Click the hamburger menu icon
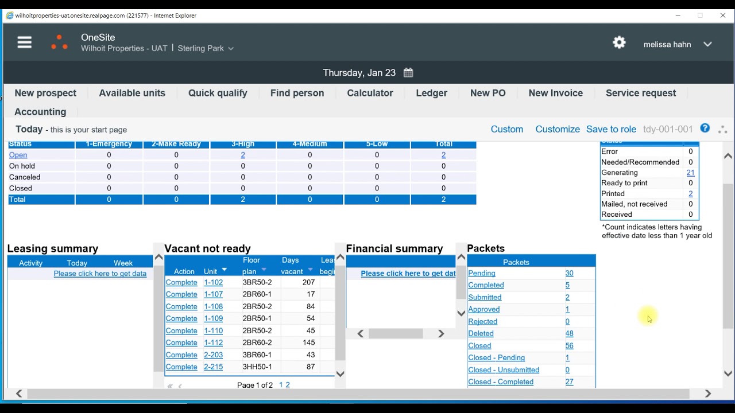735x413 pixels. pos(25,42)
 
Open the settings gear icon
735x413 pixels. pos(619,42)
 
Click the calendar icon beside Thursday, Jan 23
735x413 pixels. pos(408,73)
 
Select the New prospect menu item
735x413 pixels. pos(45,93)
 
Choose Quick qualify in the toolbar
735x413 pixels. pos(218,93)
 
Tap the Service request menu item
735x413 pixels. pos(641,93)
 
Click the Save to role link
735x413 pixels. pos(611,129)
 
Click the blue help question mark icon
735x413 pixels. pos(705,128)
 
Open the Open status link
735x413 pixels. pos(18,155)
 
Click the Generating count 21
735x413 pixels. pos(690,173)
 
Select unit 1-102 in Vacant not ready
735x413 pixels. pos(213,282)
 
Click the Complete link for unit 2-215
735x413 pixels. pos(181,367)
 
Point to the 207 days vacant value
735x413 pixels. pos(308,282)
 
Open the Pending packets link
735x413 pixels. pos(482,273)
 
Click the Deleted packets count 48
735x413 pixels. pos(569,333)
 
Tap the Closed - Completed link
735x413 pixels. pos(501,382)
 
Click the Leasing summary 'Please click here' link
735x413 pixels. pos(100,274)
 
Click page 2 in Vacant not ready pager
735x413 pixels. pos(288,385)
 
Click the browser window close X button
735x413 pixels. pos(722,15)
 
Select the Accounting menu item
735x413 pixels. pos(40,112)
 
